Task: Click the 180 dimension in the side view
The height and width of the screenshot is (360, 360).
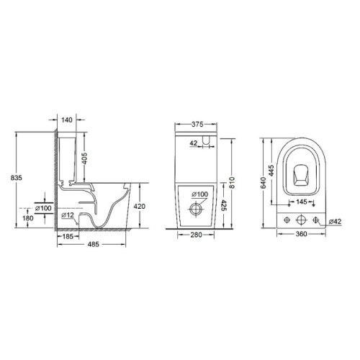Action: (29, 219)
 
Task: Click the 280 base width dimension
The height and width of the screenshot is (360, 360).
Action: (193, 235)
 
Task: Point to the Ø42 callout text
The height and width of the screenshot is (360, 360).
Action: (335, 221)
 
